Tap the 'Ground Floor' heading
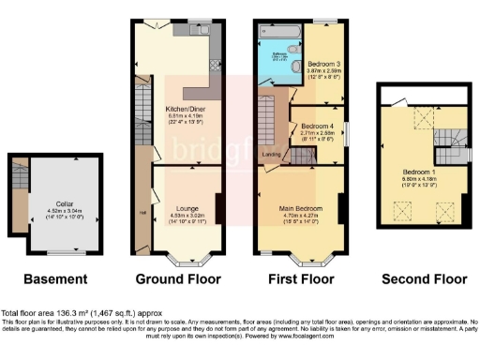pyautogui.click(x=178, y=278)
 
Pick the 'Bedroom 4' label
pyautogui.click(x=319, y=126)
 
